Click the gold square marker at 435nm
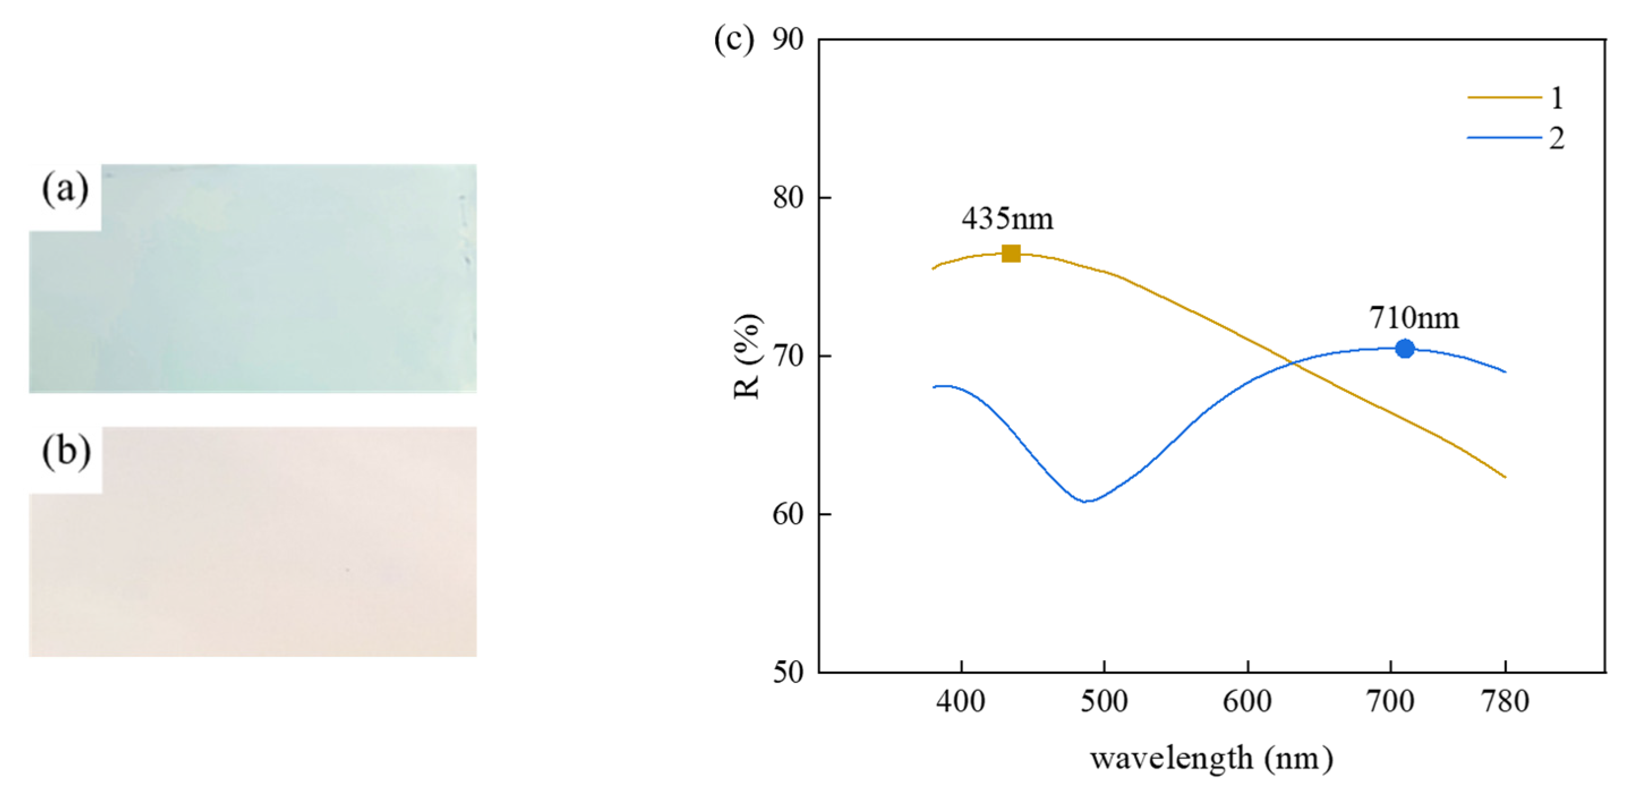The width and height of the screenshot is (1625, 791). click(1011, 254)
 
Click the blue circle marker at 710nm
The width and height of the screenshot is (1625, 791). click(1404, 348)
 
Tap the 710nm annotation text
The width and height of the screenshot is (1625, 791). click(1414, 317)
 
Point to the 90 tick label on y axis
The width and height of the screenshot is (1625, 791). click(788, 40)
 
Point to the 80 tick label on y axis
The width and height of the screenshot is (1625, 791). click(788, 198)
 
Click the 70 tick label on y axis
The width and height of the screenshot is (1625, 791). click(788, 356)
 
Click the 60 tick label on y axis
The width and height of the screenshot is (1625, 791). click(788, 514)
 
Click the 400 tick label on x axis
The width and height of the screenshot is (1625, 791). click(961, 702)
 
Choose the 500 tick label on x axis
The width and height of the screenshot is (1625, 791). click(1104, 702)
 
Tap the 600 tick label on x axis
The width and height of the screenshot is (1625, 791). click(1248, 702)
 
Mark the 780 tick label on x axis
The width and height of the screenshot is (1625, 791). click(1506, 702)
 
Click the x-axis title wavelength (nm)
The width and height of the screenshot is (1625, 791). click(1211, 758)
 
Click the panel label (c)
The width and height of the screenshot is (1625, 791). click(733, 40)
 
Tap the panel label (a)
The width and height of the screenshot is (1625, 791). click(65, 189)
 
